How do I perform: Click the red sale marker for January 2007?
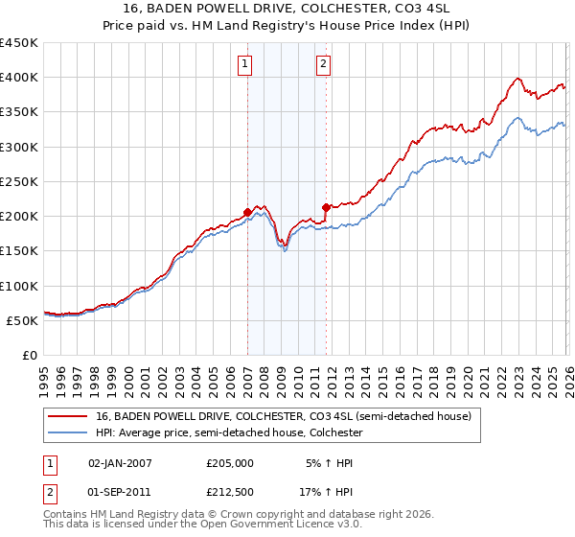click(x=247, y=212)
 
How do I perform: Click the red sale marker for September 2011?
click(x=327, y=206)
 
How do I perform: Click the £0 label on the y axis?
click(x=31, y=355)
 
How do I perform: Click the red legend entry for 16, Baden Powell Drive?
click(x=284, y=416)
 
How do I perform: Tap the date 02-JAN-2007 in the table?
click(x=120, y=462)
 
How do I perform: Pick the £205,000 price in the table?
click(x=230, y=462)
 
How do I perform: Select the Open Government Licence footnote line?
click(x=203, y=525)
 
